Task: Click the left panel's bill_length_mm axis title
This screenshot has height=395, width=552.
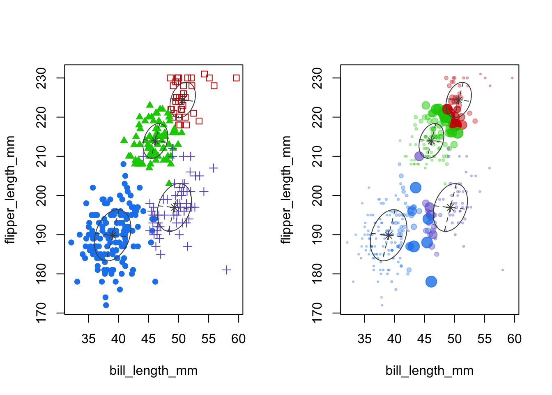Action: click(x=153, y=371)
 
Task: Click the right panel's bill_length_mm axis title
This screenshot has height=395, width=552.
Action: click(x=429, y=371)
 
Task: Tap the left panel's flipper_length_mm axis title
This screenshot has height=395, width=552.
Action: click(x=10, y=190)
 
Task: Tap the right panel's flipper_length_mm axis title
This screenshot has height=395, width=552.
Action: click(x=286, y=190)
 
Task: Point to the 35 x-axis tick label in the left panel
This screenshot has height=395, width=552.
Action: click(x=88, y=339)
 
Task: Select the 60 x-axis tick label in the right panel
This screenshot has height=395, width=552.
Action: click(x=514, y=339)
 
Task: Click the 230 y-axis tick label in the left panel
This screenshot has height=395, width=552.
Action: click(x=41, y=78)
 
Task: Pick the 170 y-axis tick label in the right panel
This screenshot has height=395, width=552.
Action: click(x=317, y=313)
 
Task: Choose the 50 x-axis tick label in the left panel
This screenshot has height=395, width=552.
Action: click(x=178, y=339)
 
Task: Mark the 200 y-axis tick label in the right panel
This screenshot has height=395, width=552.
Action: click(x=317, y=195)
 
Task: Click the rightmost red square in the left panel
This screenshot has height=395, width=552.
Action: click(x=236, y=78)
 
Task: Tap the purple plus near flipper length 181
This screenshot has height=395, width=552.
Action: click(x=227, y=270)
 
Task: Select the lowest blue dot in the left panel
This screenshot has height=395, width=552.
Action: click(x=106, y=305)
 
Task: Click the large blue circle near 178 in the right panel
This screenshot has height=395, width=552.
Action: click(x=431, y=282)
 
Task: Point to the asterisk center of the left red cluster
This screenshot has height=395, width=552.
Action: click(x=182, y=100)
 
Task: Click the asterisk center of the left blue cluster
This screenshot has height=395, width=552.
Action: click(x=113, y=235)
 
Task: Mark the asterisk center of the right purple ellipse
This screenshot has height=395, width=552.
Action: click(x=451, y=207)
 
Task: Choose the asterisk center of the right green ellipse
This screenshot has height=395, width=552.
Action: click(x=431, y=141)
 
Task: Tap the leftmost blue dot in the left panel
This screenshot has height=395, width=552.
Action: click(x=71, y=242)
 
